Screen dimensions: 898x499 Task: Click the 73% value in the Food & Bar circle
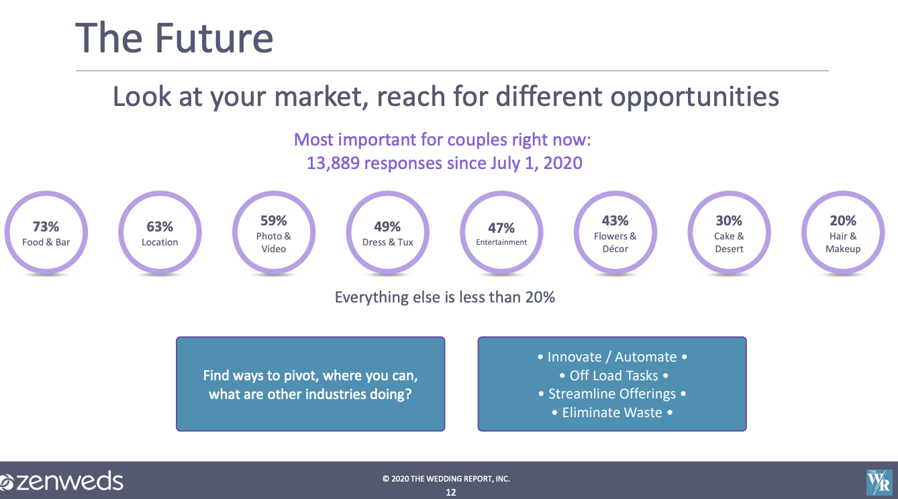(x=46, y=227)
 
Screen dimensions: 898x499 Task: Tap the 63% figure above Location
(x=160, y=227)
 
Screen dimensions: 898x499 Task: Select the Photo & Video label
(x=273, y=242)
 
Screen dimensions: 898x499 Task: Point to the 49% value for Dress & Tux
(x=387, y=227)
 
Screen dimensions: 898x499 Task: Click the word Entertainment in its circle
(x=501, y=242)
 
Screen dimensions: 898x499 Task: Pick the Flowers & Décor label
(x=615, y=242)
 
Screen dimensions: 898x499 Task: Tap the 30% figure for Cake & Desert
(x=729, y=221)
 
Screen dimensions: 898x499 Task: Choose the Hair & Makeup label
(x=843, y=242)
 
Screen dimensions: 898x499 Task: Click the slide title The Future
(x=174, y=38)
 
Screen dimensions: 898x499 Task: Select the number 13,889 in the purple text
(x=333, y=164)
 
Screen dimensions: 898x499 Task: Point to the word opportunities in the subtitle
(x=695, y=97)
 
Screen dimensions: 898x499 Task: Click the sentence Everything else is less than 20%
(x=444, y=297)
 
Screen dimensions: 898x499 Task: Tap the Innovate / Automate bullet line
(x=612, y=357)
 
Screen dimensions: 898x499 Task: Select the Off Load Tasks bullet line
(x=613, y=376)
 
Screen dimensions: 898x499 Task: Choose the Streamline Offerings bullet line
(x=612, y=394)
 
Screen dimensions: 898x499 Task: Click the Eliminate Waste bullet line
(x=612, y=412)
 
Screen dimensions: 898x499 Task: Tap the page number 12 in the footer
(x=450, y=492)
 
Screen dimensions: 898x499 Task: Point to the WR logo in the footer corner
(x=879, y=482)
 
